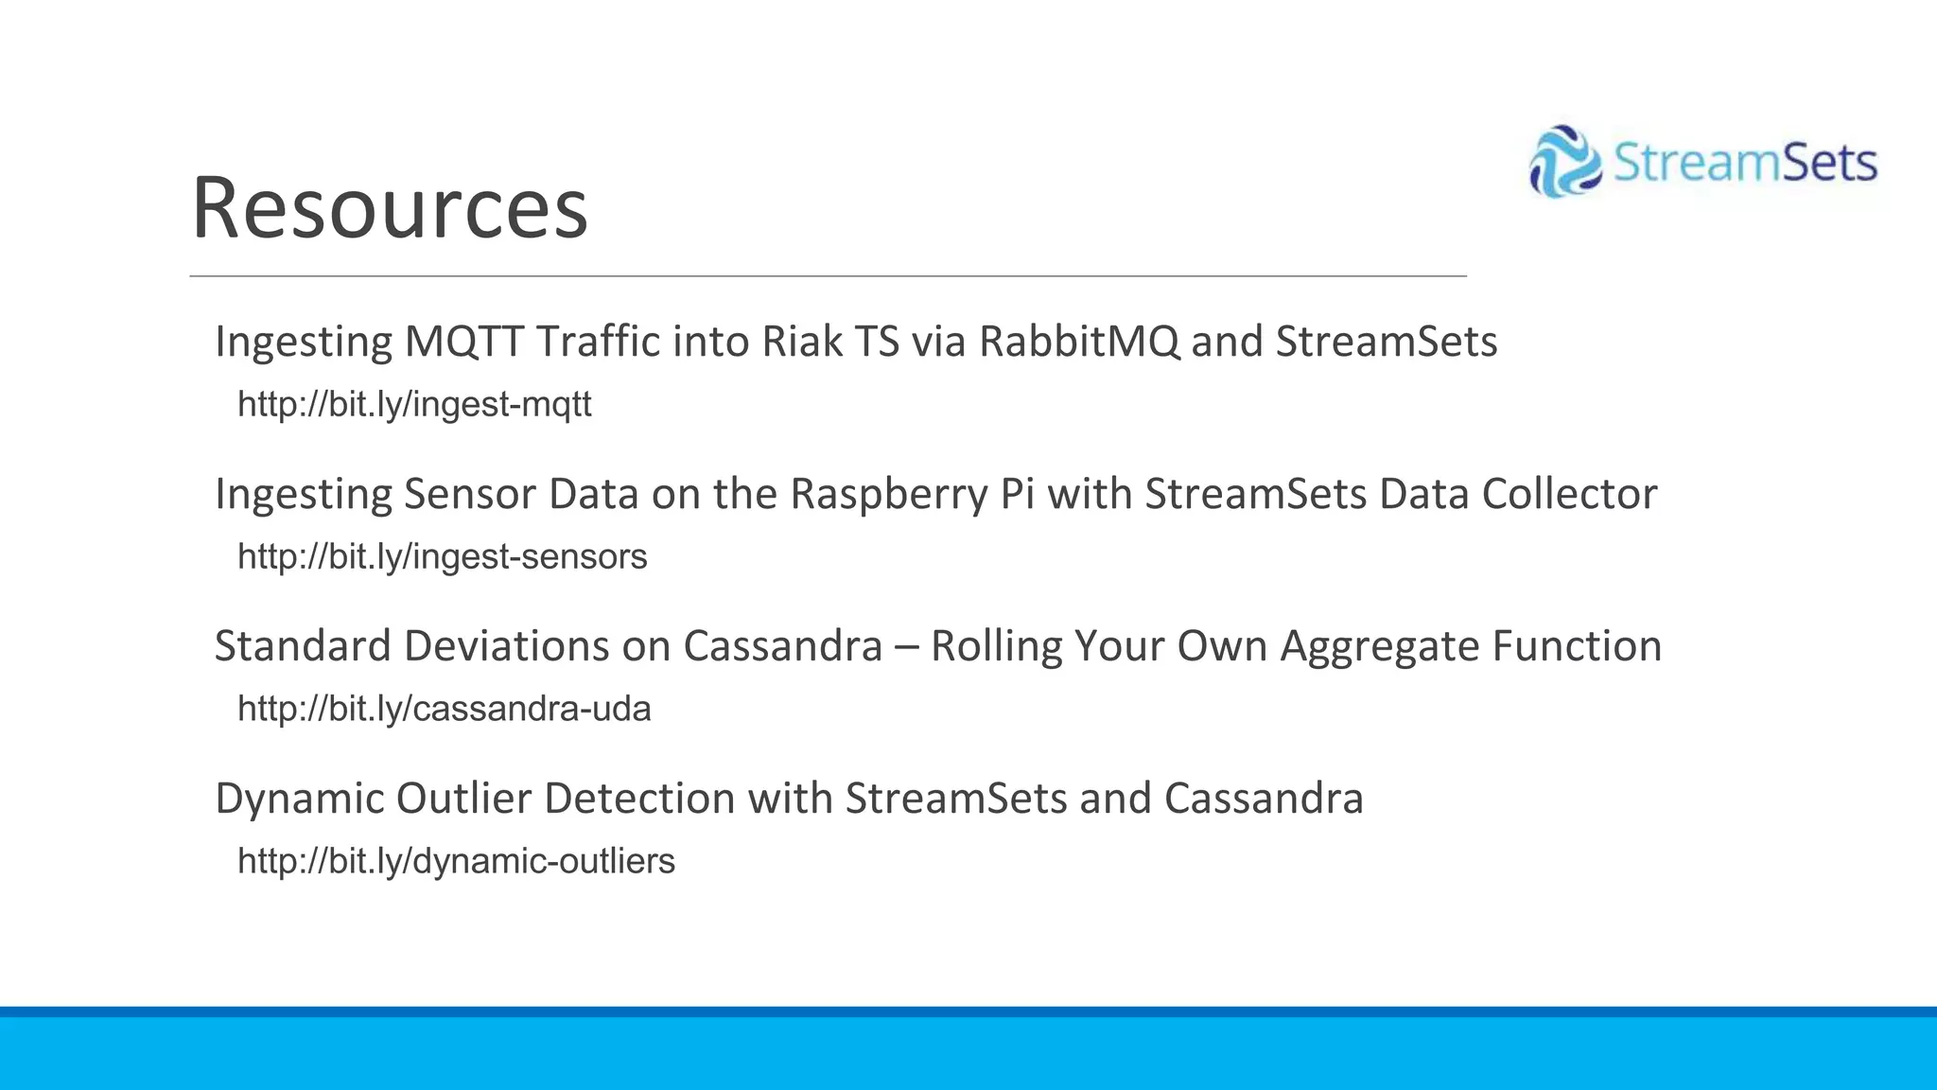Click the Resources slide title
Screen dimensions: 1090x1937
(x=390, y=208)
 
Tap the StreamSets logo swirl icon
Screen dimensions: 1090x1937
(x=1564, y=162)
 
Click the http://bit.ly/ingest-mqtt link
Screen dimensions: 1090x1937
(x=414, y=405)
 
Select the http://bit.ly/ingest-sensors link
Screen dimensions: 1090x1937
(x=442, y=557)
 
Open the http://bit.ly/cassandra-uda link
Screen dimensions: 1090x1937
(x=444, y=710)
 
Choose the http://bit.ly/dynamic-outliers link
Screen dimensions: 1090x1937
(x=456, y=862)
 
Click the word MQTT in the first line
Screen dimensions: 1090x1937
(x=463, y=342)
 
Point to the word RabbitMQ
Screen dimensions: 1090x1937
(x=1079, y=342)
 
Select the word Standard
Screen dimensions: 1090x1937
(x=303, y=646)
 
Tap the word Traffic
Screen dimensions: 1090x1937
(x=598, y=342)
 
